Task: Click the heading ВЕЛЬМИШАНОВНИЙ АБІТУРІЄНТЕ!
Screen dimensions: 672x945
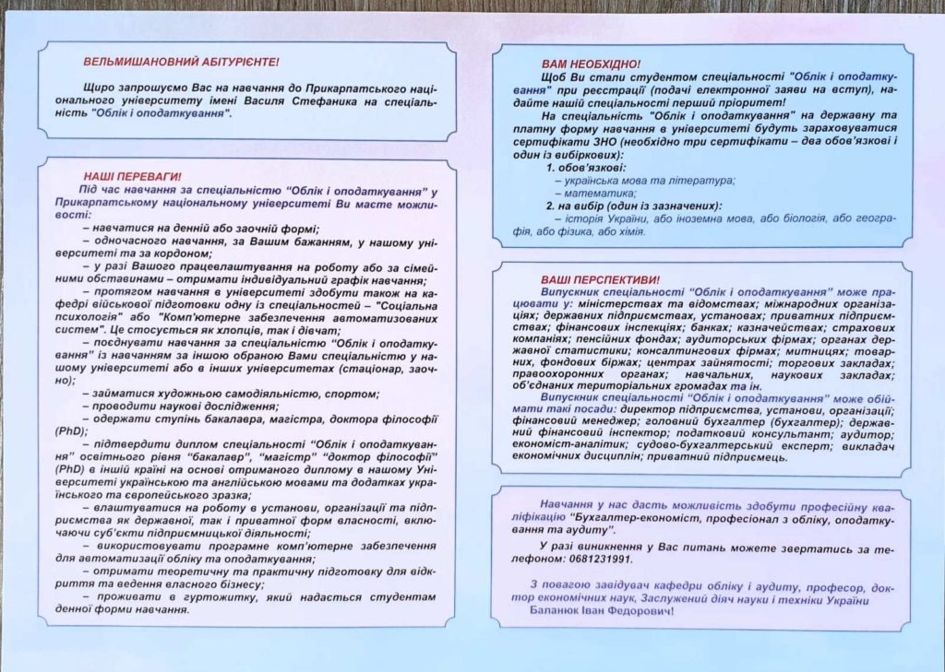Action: tap(181, 63)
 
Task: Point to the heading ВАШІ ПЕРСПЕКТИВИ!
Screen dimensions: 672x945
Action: tap(601, 278)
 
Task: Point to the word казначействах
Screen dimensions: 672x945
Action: tap(763, 326)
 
